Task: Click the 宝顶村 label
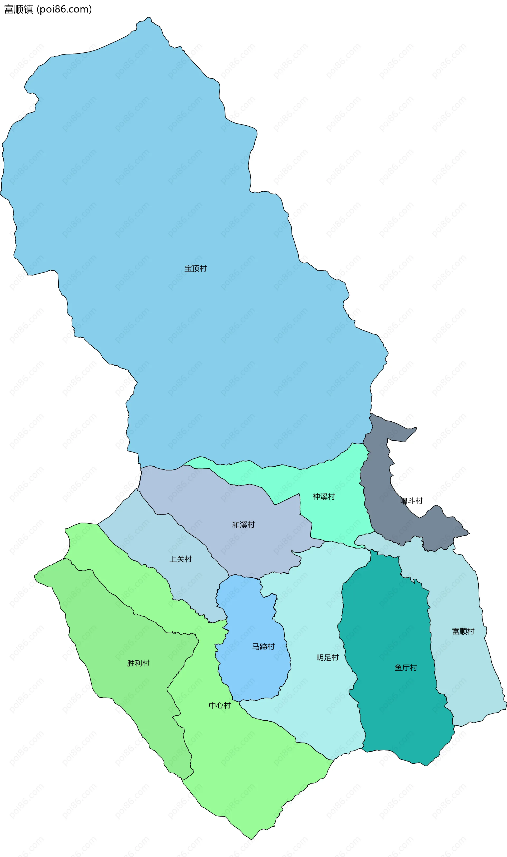pyautogui.click(x=195, y=269)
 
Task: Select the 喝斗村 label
pyautogui.click(x=411, y=501)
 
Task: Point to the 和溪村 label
pyautogui.click(x=243, y=525)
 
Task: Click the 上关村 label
pyautogui.click(x=180, y=559)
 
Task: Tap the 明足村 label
pyautogui.click(x=327, y=657)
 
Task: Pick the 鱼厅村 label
pyautogui.click(x=406, y=667)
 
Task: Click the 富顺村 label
pyautogui.click(x=463, y=631)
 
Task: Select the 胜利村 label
pyautogui.click(x=138, y=663)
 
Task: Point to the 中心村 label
pyautogui.click(x=220, y=705)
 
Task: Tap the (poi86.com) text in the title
pyautogui.click(x=64, y=9)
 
